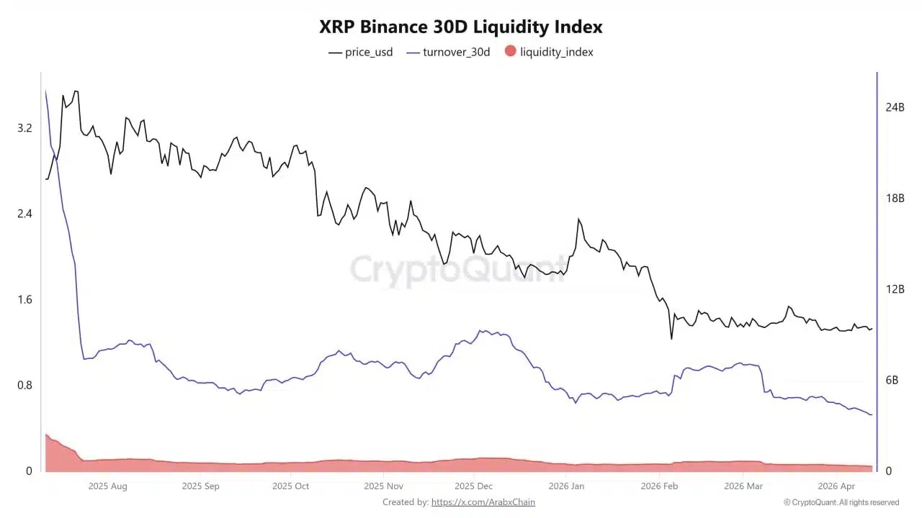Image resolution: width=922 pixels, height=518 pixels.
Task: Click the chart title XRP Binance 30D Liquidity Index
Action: [x=461, y=27]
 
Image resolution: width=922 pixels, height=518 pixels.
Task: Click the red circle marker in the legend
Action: [x=511, y=51]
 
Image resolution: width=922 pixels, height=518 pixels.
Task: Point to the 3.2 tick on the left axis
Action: [x=24, y=128]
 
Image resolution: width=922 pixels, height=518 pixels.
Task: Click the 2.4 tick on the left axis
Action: [x=24, y=214]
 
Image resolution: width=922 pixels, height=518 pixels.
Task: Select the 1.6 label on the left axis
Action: [x=24, y=299]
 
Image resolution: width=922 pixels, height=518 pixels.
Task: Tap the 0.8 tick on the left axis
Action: [x=24, y=385]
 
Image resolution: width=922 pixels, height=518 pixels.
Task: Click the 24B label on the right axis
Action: [x=895, y=107]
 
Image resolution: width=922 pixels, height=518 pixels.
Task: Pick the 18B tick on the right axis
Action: [x=895, y=199]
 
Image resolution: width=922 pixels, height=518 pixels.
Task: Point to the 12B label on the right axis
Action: [x=895, y=289]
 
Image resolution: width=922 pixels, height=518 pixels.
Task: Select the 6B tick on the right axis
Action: [x=892, y=380]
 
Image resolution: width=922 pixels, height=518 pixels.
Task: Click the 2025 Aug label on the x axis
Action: [x=107, y=486]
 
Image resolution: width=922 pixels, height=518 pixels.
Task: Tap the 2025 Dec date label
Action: [x=475, y=486]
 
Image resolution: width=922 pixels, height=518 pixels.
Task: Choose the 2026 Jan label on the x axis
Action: [x=566, y=486]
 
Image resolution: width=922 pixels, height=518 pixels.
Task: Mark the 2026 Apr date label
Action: [x=836, y=486]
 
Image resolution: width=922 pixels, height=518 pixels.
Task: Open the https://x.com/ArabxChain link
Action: [x=483, y=502]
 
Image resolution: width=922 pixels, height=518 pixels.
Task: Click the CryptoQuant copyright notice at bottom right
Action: [x=841, y=502]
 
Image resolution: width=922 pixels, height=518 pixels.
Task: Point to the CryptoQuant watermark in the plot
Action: [x=458, y=270]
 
